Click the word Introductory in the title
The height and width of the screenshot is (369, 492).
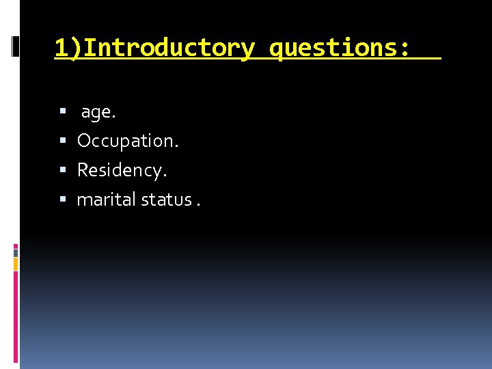click(170, 49)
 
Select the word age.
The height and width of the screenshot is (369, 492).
click(98, 113)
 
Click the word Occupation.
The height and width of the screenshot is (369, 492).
click(128, 141)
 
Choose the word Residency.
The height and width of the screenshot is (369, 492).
click(122, 170)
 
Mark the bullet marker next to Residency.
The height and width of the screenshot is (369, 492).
click(63, 170)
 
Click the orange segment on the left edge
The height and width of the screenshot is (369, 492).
click(16, 264)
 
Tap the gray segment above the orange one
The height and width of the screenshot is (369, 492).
click(16, 253)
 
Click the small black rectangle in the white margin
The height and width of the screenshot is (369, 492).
click(16, 46)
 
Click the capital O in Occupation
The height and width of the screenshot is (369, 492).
click(84, 141)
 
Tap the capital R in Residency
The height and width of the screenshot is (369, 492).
click(83, 170)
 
